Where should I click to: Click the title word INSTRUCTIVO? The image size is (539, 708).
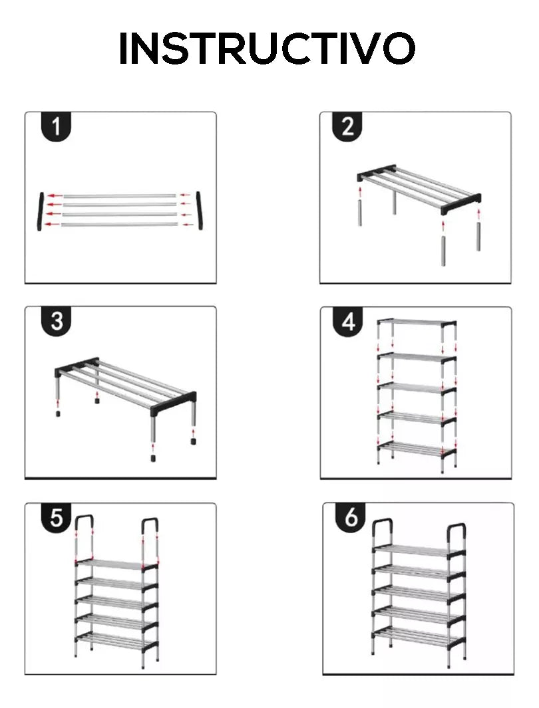click(267, 49)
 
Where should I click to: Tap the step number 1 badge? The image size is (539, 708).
click(56, 127)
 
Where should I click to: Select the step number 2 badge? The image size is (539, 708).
click(347, 127)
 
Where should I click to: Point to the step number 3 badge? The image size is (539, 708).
click(56, 321)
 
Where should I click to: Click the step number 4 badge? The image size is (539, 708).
click(348, 322)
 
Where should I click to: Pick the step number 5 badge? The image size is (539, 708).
click(56, 517)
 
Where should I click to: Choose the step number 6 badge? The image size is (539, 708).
click(351, 517)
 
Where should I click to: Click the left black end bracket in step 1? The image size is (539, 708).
click(41, 211)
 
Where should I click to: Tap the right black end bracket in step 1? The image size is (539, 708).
click(199, 211)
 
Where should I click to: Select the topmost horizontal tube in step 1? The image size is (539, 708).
click(118, 196)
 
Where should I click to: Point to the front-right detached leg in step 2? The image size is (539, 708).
click(444, 251)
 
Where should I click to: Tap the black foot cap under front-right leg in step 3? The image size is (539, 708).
click(153, 458)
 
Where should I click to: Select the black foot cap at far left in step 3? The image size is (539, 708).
click(58, 413)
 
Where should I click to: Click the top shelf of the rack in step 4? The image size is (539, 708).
click(417, 322)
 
